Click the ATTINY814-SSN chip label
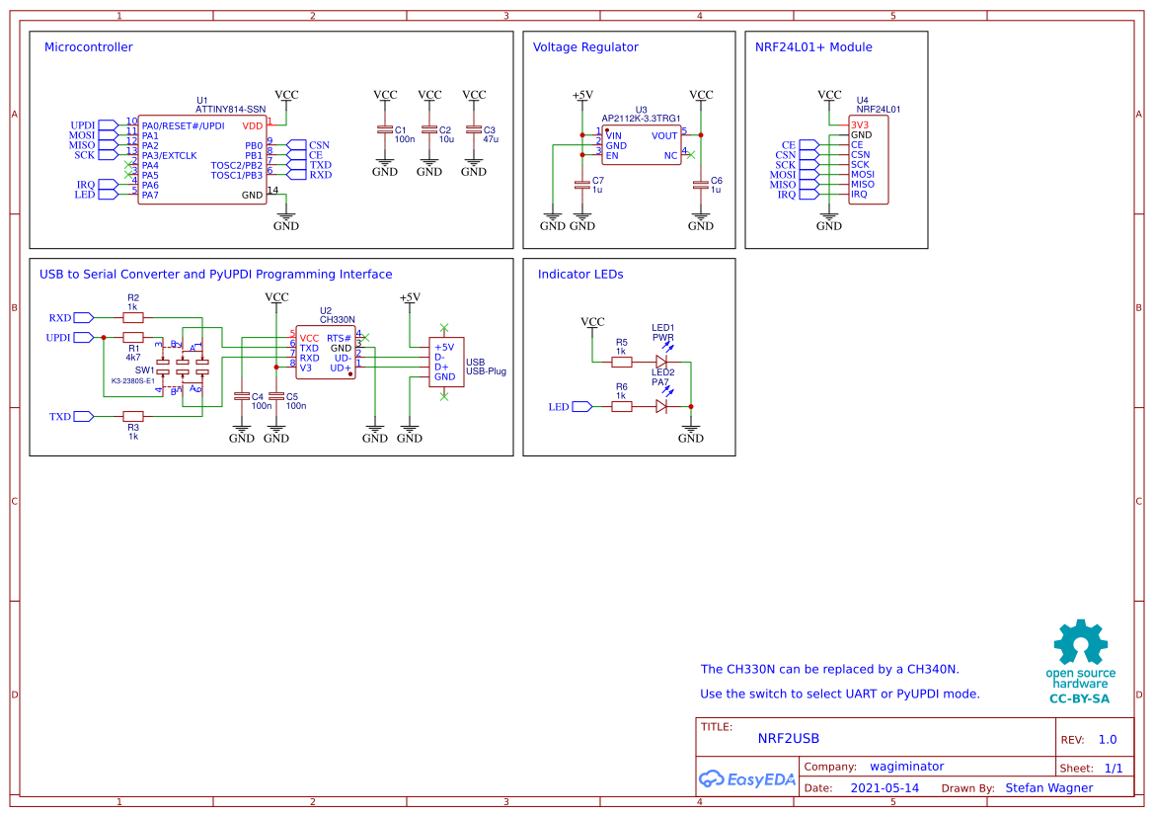coord(230,109)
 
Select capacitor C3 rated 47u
coord(474,130)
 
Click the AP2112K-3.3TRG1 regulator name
coord(643,119)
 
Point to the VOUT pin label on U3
coord(664,135)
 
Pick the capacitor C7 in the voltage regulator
coord(582,184)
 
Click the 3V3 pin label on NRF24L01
coord(860,125)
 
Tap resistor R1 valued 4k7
coord(132,338)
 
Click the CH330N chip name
coord(337,320)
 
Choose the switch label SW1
coord(145,370)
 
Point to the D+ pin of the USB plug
coord(441,367)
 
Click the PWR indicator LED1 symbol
coord(661,362)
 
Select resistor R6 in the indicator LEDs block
coord(622,406)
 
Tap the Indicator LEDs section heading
coord(579,275)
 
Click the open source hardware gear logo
coord(1079,642)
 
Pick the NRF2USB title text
coord(788,738)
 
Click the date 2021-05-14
coord(885,788)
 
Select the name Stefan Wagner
coord(1048,788)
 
